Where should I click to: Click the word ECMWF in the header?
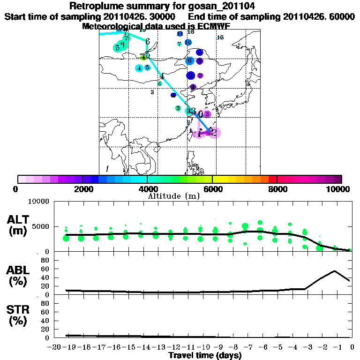[x=215, y=26]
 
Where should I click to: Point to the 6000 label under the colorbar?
[x=213, y=189]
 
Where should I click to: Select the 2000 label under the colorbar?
[x=83, y=189]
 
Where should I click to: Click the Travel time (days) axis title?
[x=205, y=356]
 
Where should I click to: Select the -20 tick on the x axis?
[x=55, y=347]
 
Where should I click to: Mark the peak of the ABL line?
[x=335, y=271]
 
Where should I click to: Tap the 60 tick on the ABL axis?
[x=45, y=269]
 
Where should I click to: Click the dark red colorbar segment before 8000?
[x=273, y=179]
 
